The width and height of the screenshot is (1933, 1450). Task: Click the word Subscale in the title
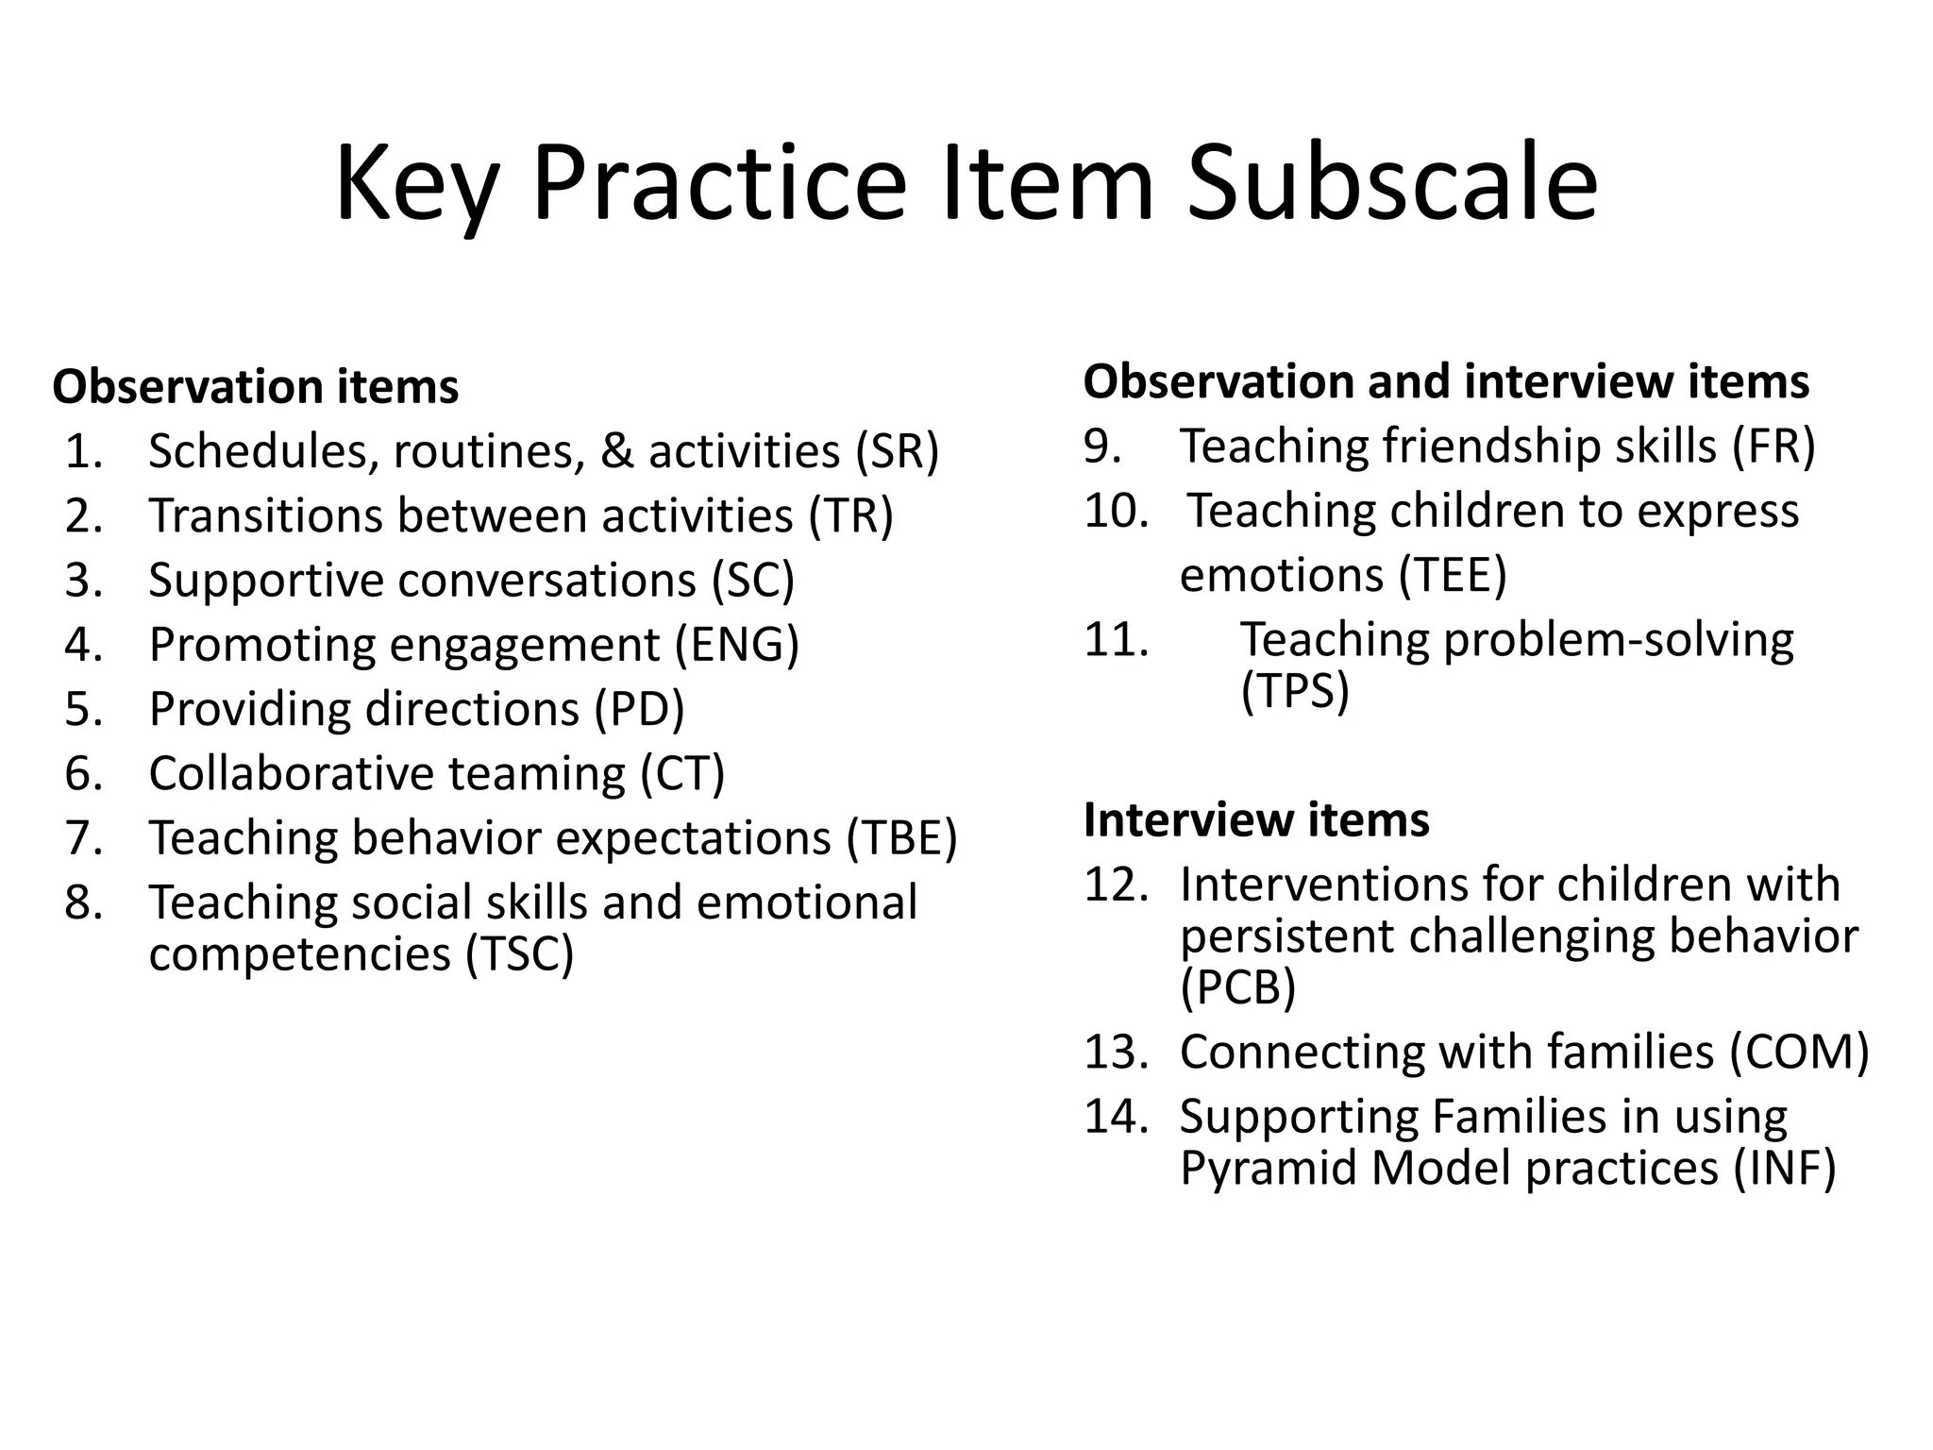tap(1391, 184)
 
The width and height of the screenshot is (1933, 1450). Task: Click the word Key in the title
tap(415, 184)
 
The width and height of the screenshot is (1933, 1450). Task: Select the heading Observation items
tap(255, 387)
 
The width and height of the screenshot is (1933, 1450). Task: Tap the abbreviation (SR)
tap(897, 451)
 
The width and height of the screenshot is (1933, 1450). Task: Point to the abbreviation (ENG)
tap(736, 646)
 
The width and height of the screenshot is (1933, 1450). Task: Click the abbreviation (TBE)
tap(901, 838)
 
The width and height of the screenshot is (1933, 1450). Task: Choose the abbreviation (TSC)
tap(519, 953)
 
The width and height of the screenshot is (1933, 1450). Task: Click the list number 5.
tap(83, 709)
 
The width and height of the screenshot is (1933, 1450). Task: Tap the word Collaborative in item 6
tap(290, 774)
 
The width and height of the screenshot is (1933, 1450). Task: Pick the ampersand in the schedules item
tap(616, 451)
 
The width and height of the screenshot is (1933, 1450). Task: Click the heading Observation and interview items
tap(1446, 382)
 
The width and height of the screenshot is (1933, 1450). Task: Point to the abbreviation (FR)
tap(1773, 447)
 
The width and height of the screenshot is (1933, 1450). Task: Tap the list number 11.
tap(1116, 640)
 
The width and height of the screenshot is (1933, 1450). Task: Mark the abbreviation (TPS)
tap(1295, 691)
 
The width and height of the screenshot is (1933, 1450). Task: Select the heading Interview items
tap(1256, 819)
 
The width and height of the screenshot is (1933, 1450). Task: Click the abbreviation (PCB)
tap(1237, 987)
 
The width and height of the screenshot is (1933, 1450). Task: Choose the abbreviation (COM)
tap(1799, 1053)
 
